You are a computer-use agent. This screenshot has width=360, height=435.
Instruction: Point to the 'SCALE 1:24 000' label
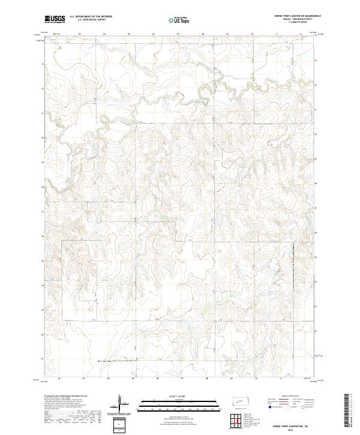(167, 397)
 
